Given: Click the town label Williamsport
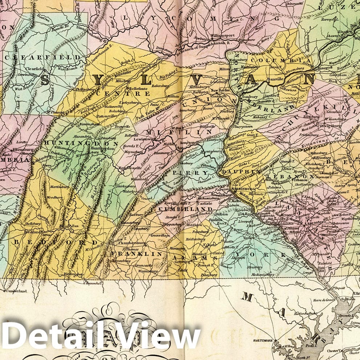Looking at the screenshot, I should [223, 36].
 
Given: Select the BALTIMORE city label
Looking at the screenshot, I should [261, 341].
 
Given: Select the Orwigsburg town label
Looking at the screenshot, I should [328, 126].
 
